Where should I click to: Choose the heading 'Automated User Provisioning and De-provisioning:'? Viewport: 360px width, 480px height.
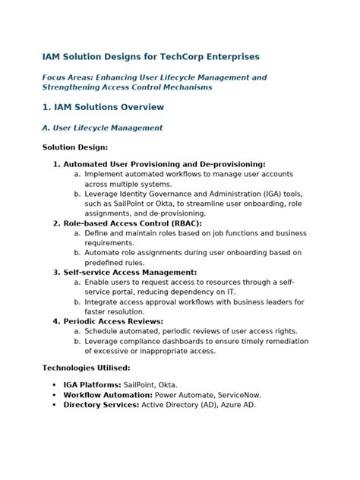click(x=164, y=164)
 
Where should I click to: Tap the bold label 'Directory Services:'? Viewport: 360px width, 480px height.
click(x=100, y=406)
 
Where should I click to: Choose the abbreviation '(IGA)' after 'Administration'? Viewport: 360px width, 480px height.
click(x=264, y=194)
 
